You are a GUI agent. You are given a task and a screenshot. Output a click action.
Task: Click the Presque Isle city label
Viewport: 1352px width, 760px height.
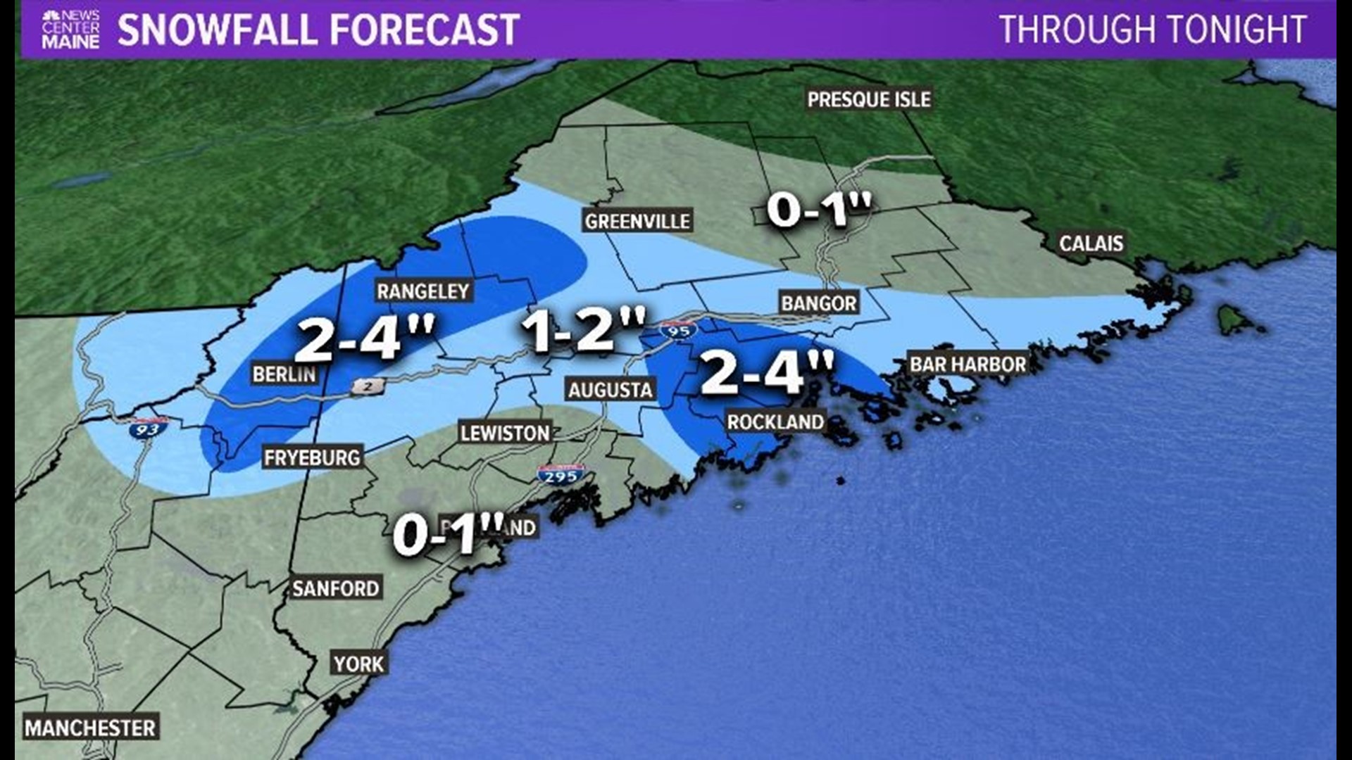[869, 100]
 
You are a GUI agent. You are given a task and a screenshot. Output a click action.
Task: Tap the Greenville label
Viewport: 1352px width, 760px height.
[637, 222]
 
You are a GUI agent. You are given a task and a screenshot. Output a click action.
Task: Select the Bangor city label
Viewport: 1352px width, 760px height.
[819, 303]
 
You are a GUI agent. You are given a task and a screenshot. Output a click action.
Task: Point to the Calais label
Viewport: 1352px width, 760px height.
[1091, 243]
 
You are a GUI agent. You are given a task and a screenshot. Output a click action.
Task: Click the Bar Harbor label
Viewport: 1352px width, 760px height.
[968, 365]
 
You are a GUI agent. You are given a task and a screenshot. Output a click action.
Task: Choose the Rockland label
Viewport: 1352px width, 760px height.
[775, 422]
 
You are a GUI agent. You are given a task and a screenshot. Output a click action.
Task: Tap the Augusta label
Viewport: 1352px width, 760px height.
[611, 390]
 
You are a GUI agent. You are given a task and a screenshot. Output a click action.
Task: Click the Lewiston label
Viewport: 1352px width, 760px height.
[505, 433]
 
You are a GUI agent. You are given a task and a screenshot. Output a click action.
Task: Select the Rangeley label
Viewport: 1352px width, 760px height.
[423, 291]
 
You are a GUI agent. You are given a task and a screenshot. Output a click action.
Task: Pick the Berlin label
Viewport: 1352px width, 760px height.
[284, 374]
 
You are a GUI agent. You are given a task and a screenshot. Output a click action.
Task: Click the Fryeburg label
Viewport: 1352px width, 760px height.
[312, 458]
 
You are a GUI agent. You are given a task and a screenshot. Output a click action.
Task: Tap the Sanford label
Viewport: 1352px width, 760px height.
[336, 588]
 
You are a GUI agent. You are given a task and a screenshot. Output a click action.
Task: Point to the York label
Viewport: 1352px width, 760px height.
[359, 664]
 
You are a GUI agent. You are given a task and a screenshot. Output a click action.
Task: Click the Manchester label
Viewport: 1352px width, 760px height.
[90, 728]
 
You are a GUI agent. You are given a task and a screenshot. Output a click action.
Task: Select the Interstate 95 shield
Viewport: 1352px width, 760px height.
[679, 329]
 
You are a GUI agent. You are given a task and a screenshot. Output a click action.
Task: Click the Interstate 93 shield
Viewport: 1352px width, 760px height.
[147, 427]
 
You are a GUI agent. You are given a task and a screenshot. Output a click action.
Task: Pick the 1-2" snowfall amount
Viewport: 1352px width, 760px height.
[583, 330]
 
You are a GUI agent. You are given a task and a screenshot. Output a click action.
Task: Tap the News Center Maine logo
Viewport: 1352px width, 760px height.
[70, 30]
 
